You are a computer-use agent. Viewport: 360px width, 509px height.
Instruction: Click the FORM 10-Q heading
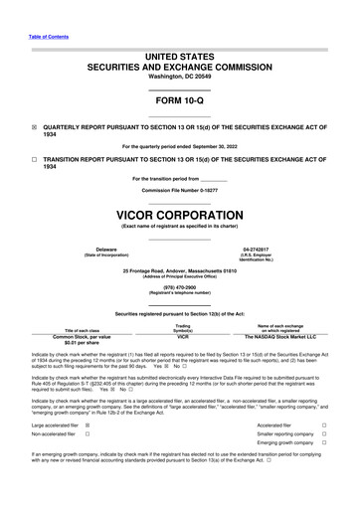(x=179, y=101)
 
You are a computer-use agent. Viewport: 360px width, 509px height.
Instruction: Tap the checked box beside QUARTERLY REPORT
(x=34, y=127)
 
